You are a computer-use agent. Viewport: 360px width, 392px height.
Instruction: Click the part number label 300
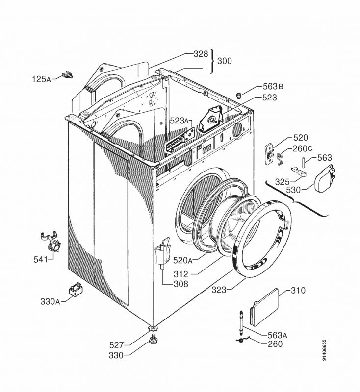[225, 62]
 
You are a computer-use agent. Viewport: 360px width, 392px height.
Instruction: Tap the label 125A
[42, 79]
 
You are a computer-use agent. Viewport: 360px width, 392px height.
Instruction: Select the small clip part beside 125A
[67, 74]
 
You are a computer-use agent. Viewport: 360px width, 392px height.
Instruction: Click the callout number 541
[41, 259]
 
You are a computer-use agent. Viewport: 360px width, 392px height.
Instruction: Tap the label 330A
[50, 301]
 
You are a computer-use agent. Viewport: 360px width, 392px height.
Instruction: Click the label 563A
[277, 335]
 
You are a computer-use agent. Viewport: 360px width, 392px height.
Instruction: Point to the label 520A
[182, 260]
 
